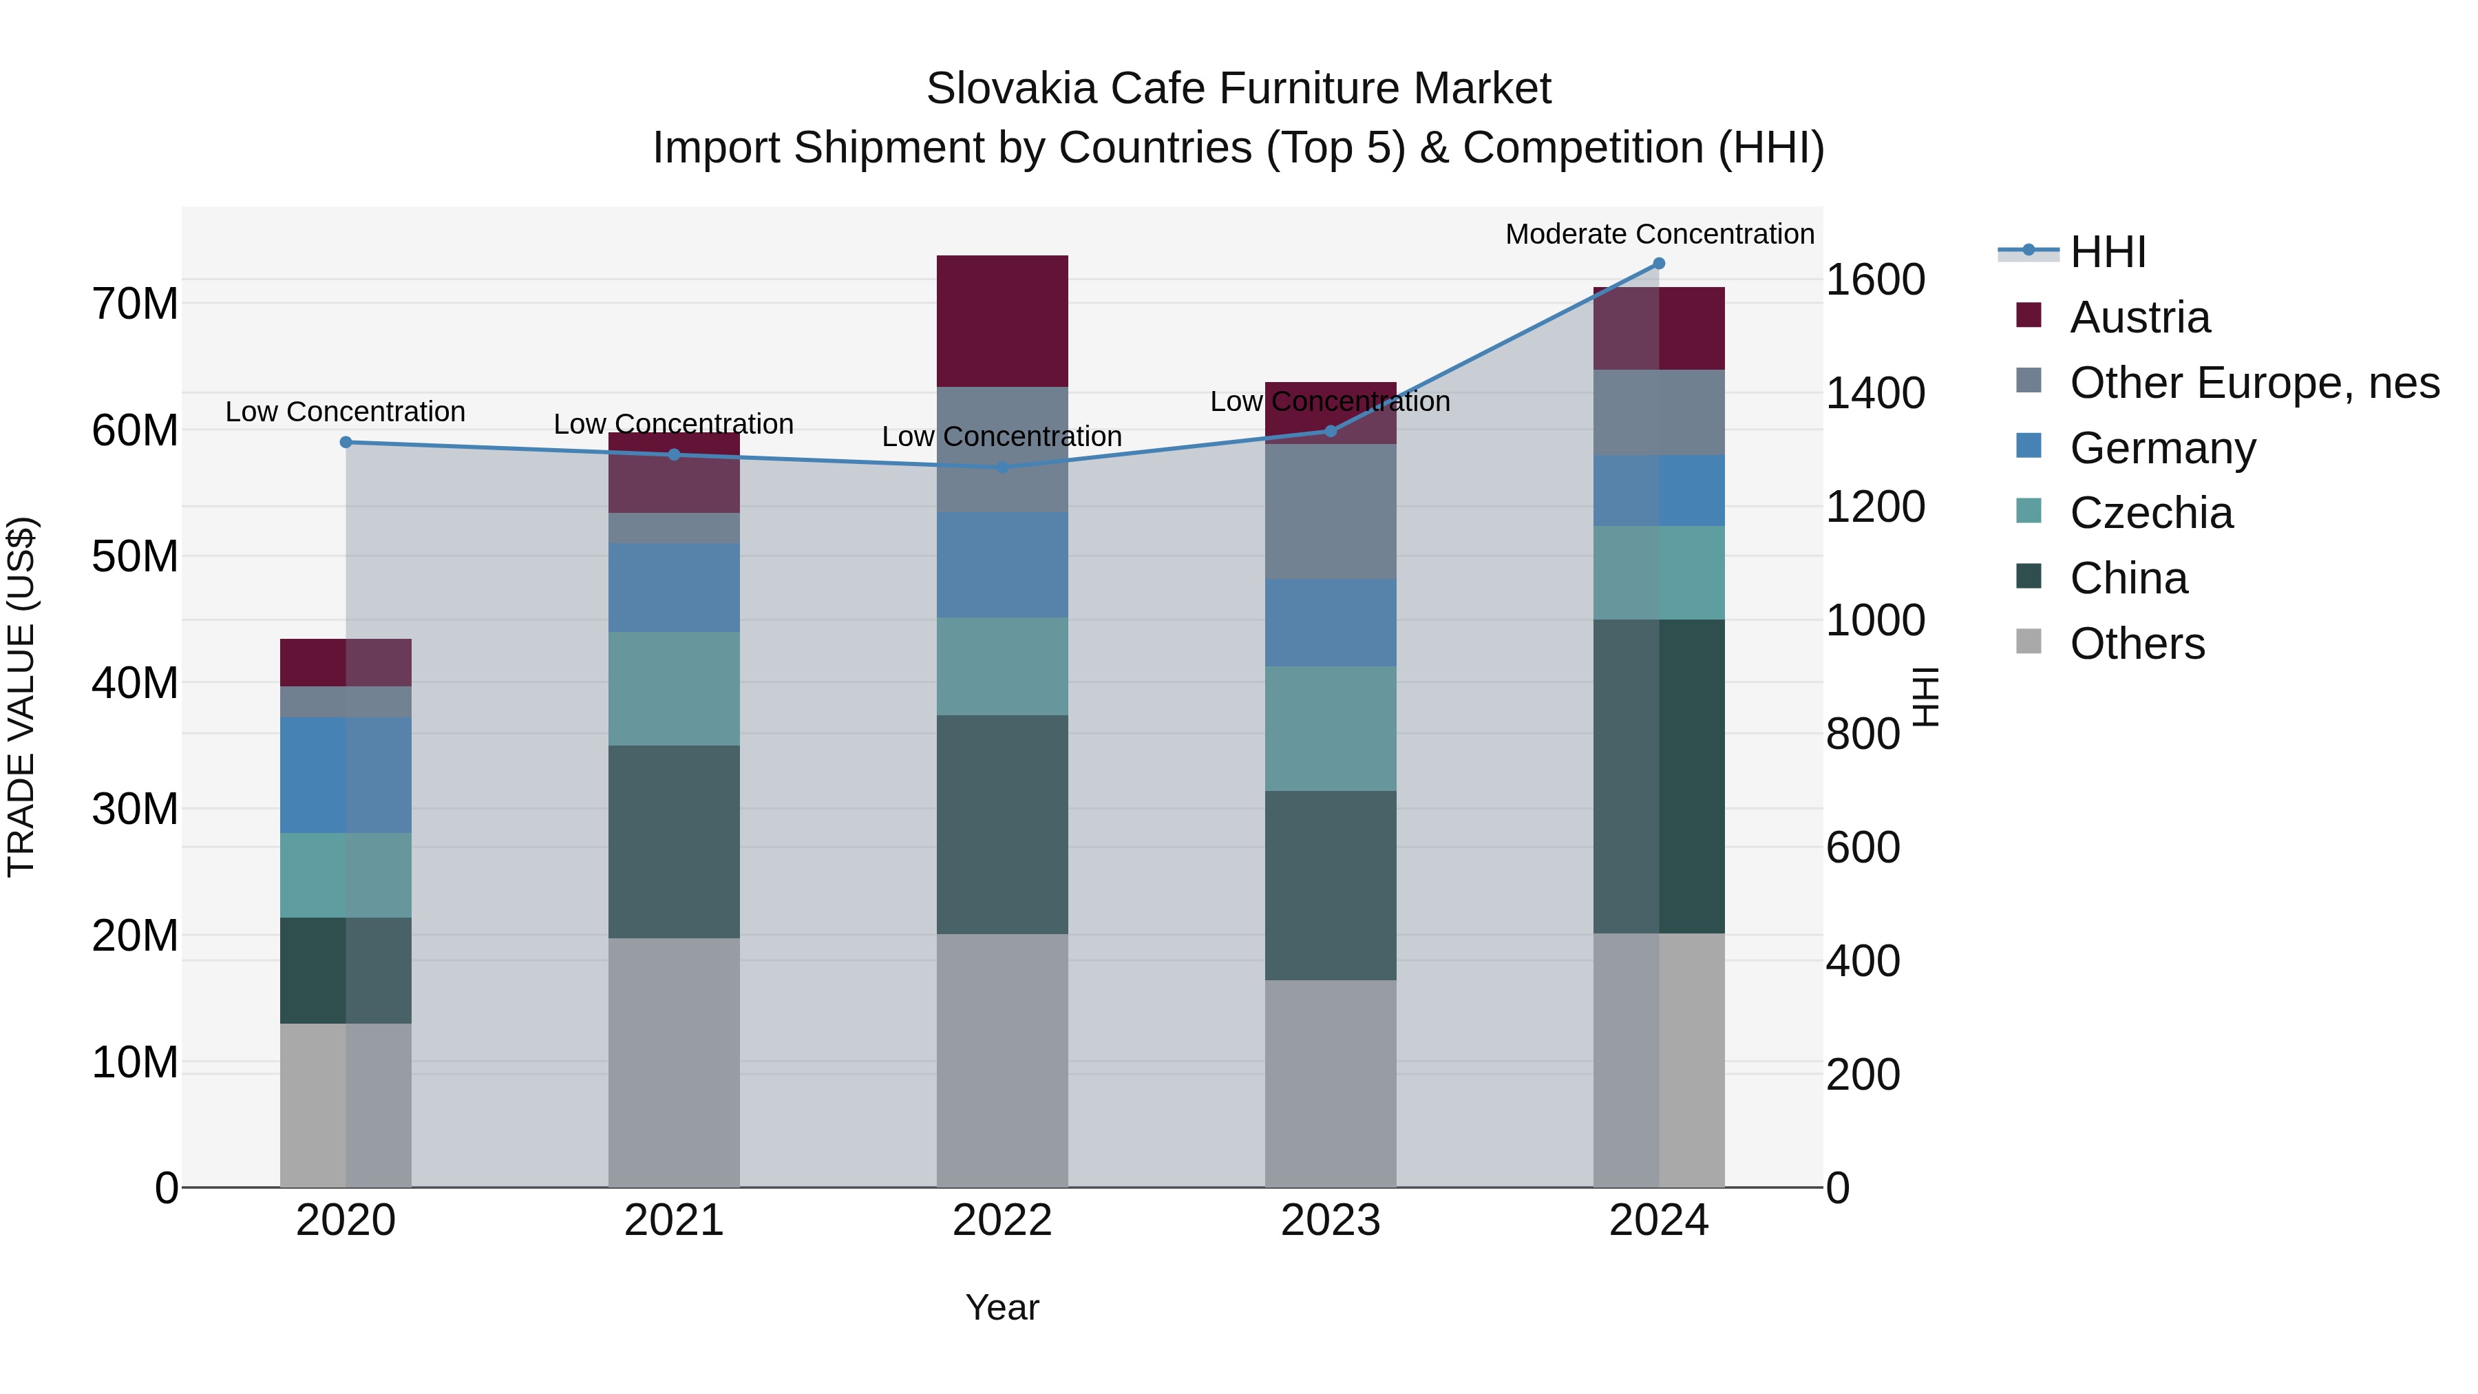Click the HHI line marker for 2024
tap(1658, 264)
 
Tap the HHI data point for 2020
tap(346, 443)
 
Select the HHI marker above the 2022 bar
tap(1002, 467)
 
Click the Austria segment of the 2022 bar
tap(1002, 321)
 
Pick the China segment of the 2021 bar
tap(673, 842)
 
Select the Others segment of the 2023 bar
tap(1331, 1084)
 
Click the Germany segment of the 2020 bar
tap(346, 775)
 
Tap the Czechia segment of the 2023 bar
tap(1331, 728)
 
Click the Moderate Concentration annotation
tap(1660, 234)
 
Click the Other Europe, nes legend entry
tap(2254, 383)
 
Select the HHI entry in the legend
tap(2107, 252)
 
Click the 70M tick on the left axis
tap(135, 304)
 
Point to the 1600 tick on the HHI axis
tap(1875, 280)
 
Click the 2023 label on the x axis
tap(1331, 1221)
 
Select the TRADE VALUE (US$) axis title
tap(21, 697)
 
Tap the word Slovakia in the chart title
tap(1011, 89)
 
